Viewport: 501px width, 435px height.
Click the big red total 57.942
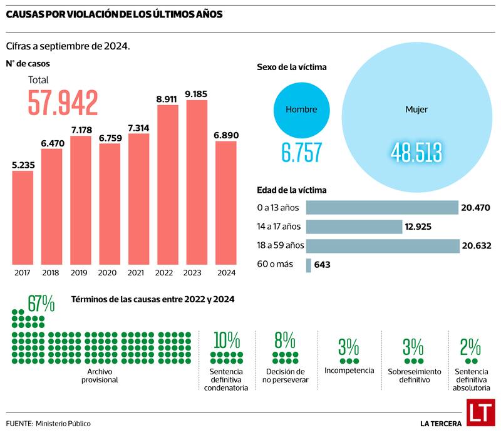tap(63, 103)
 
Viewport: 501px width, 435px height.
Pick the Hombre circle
tap(301, 110)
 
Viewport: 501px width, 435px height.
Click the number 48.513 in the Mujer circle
tap(416, 152)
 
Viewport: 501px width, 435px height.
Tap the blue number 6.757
tap(301, 152)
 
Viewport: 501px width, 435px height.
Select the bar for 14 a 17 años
tap(354, 227)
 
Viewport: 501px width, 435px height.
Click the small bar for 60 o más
tap(308, 265)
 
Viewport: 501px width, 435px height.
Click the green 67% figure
tap(41, 304)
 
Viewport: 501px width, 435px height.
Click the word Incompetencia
tap(349, 371)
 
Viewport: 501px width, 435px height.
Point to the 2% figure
tap(470, 346)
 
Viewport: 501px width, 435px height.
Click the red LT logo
tap(481, 413)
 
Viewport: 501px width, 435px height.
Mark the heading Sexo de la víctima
tap(291, 67)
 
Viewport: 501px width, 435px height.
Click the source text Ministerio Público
tap(63, 424)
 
